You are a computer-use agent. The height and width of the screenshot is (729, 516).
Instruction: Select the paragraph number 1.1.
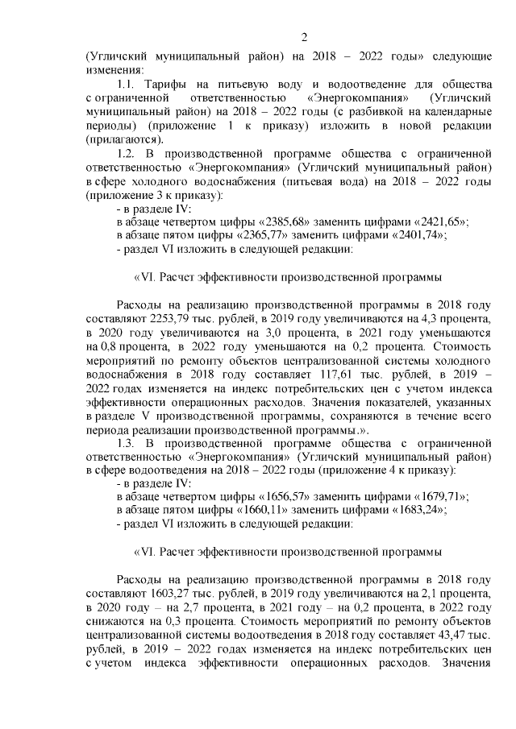[129, 85]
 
